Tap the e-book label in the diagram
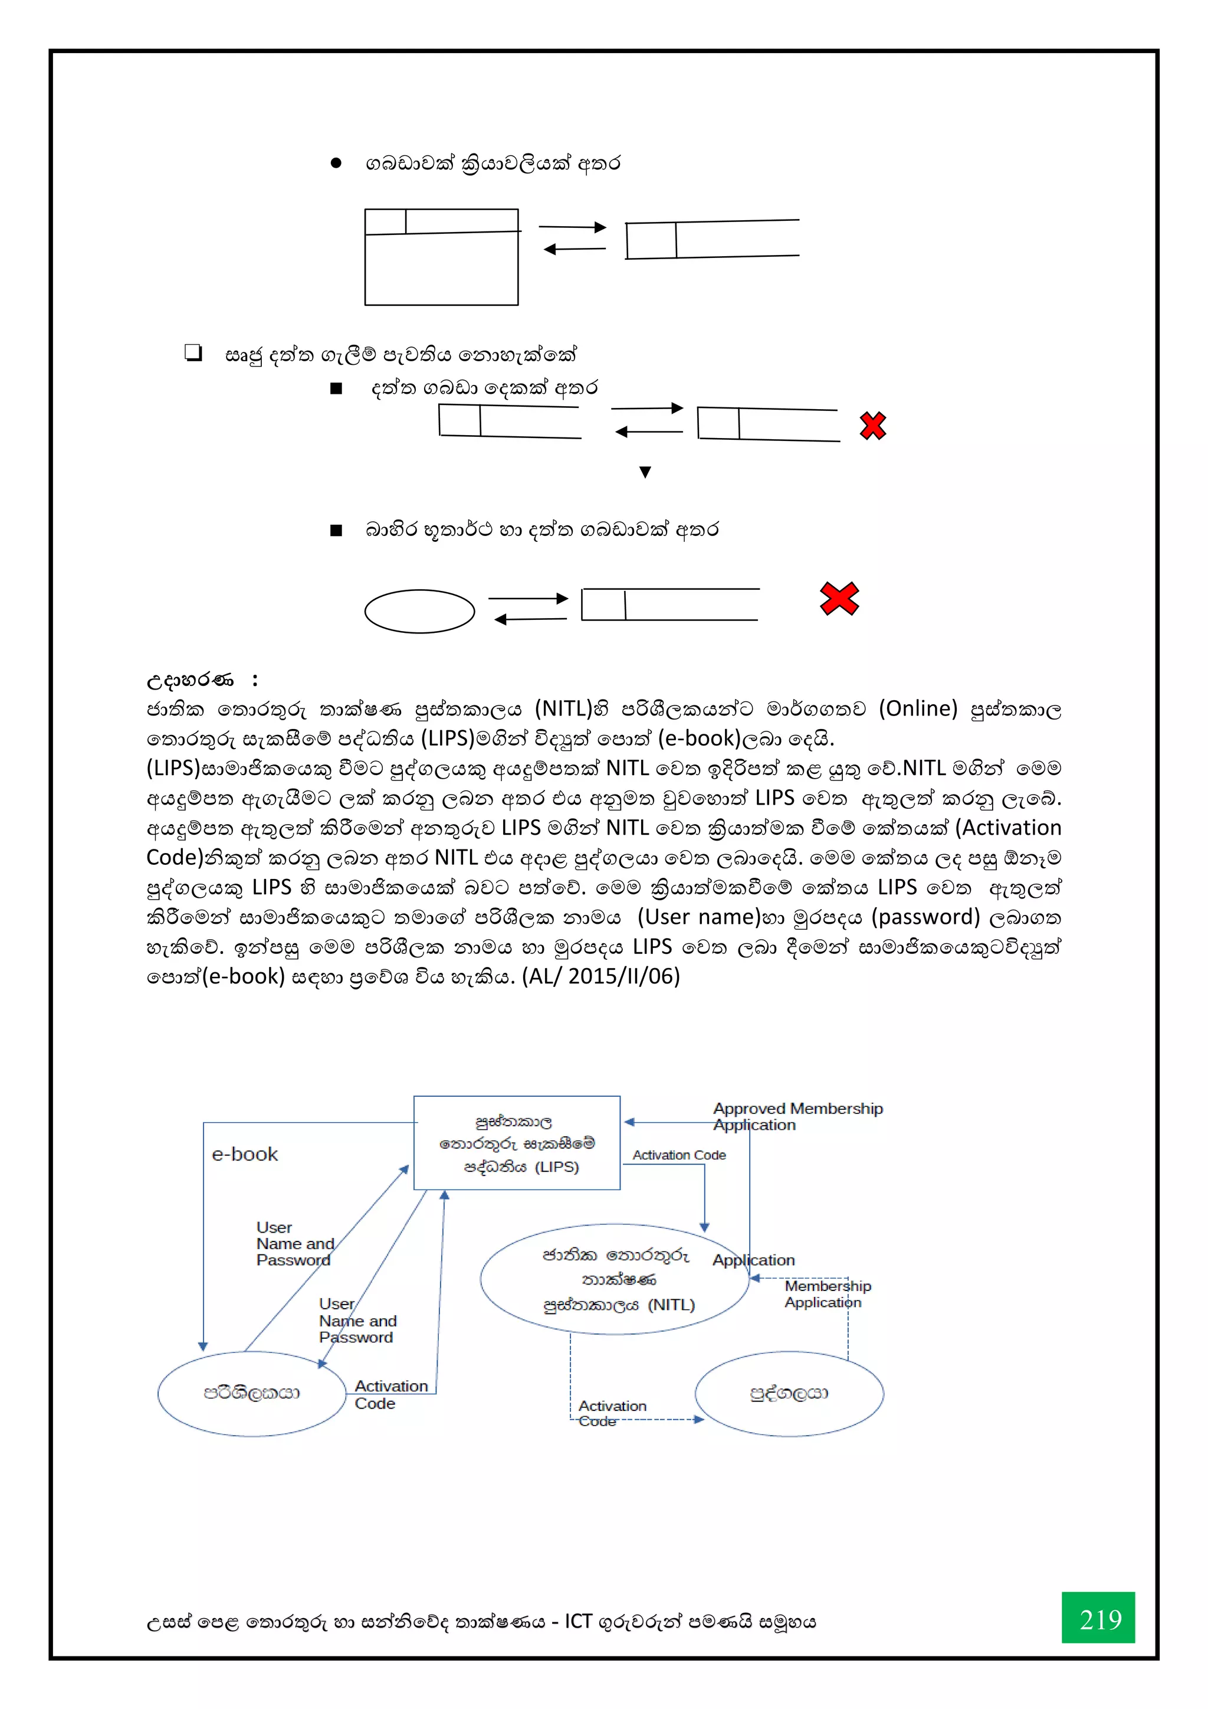click(245, 1154)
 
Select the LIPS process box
click(517, 1142)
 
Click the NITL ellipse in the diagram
click(615, 1279)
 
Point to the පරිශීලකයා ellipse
click(252, 1393)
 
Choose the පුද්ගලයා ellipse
click(789, 1393)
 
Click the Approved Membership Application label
click(797, 1116)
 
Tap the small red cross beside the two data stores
click(872, 426)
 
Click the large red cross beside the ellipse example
click(839, 599)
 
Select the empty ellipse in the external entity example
click(419, 611)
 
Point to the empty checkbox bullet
click(193, 353)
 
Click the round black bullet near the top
click(336, 163)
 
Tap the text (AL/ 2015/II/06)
click(601, 976)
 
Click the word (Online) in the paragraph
click(918, 708)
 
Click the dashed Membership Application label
click(827, 1293)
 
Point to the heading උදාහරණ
click(191, 679)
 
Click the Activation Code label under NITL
click(612, 1413)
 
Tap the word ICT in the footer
click(578, 1621)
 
